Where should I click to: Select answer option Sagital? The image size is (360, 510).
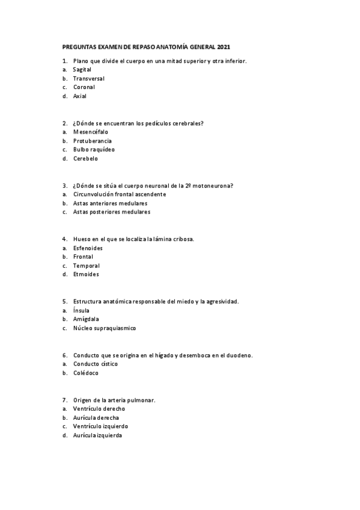tap(82, 69)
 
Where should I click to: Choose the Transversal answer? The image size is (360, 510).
tap(88, 78)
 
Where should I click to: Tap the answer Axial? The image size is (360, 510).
tap(80, 96)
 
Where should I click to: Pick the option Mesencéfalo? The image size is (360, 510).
tap(91, 132)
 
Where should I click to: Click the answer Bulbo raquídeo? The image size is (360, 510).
tap(94, 149)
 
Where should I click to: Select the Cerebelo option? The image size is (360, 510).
tap(85, 159)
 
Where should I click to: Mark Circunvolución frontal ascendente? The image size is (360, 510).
tap(119, 194)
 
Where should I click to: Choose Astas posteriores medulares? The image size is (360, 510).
tap(112, 212)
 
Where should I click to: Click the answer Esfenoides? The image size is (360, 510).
tap(88, 248)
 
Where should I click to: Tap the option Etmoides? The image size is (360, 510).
tap(86, 274)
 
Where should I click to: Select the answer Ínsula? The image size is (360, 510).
tap(81, 310)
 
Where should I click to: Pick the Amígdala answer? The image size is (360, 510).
tap(86, 319)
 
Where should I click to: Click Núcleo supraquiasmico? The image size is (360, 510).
tap(105, 328)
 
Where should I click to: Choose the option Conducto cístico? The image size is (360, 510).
tap(96, 364)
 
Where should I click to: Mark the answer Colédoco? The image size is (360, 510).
tap(86, 373)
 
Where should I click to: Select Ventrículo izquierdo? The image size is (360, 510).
tap(100, 426)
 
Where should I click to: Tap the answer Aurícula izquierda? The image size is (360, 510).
tap(97, 435)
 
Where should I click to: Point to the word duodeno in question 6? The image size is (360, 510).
tap(239, 355)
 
